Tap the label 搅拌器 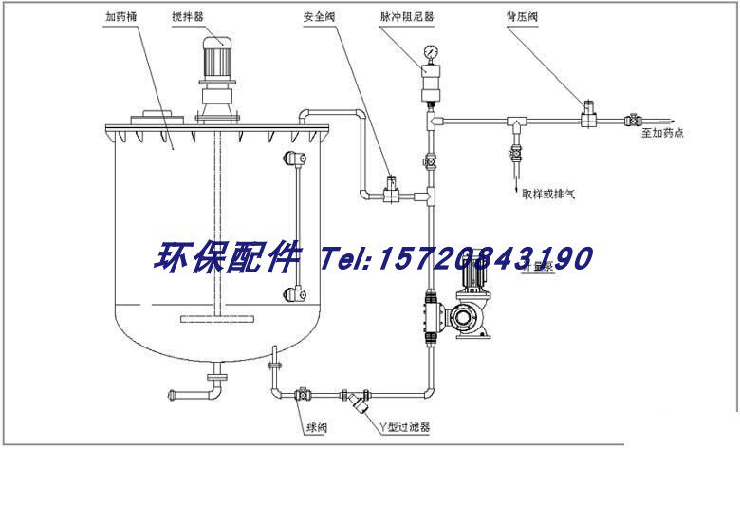[213, 17]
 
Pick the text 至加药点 [662, 133]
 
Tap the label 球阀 [316, 427]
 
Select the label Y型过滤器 [403, 427]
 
